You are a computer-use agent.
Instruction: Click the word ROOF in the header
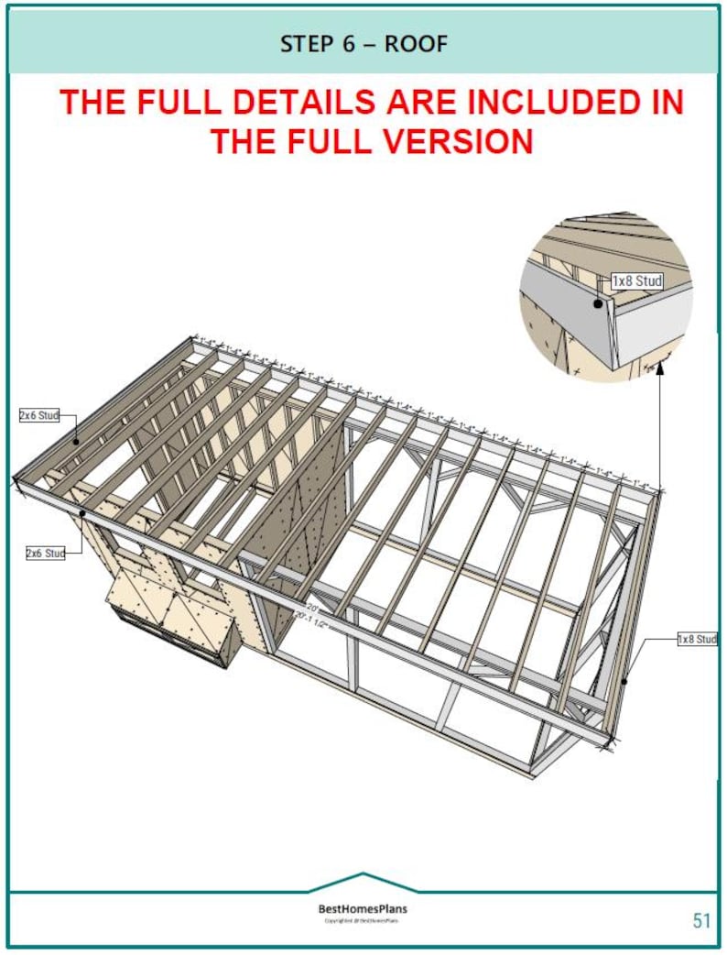(418, 43)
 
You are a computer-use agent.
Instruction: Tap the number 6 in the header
(350, 43)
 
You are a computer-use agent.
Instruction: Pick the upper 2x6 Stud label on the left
(39, 415)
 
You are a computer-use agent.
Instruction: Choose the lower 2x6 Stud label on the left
(46, 554)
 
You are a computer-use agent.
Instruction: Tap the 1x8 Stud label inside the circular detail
(636, 281)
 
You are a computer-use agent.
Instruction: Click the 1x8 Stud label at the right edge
(698, 639)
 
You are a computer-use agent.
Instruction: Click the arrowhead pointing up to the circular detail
(659, 379)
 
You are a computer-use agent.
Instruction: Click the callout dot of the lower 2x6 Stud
(82, 513)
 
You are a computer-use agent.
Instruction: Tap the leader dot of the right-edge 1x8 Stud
(625, 681)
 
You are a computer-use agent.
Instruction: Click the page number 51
(700, 921)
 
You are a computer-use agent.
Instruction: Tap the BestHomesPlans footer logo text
(363, 909)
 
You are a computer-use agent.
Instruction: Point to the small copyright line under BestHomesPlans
(363, 921)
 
